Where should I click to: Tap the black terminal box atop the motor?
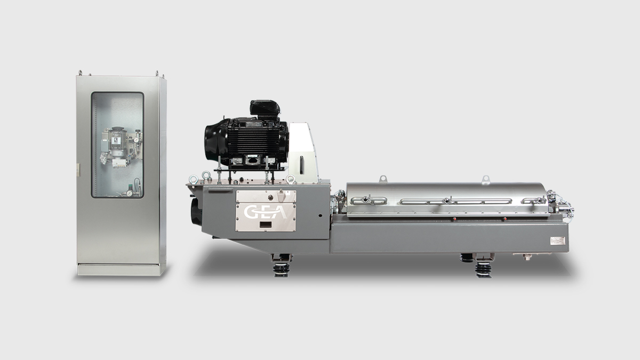[265, 110]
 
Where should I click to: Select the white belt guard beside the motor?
[303, 153]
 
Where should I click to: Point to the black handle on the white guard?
[301, 165]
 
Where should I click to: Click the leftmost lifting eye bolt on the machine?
[194, 180]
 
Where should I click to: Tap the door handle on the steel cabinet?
[77, 170]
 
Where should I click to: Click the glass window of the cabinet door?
[117, 145]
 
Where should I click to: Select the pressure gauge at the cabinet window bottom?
[129, 194]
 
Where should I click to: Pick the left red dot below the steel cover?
[454, 219]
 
